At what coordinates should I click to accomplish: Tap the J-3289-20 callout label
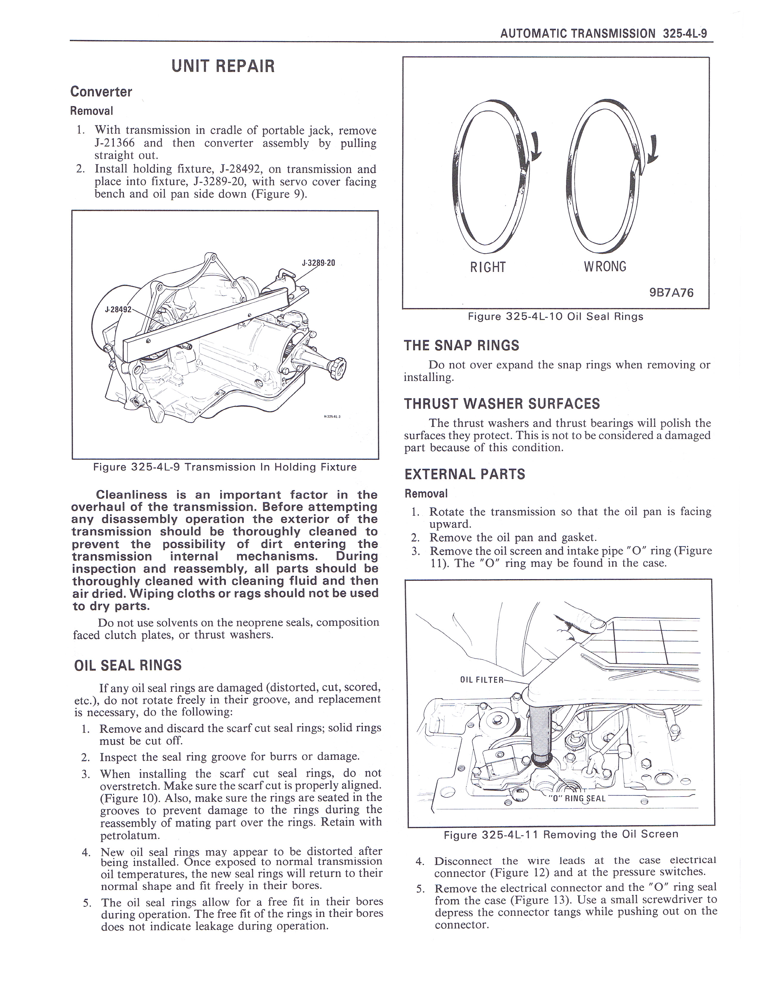tap(318, 263)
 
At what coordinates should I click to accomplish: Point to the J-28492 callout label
tap(118, 310)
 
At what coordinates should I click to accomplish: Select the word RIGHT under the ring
tap(488, 267)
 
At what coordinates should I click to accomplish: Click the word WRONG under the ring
tap(605, 267)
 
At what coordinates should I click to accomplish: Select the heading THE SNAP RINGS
tap(461, 346)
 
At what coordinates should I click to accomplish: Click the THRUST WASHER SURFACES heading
tap(502, 404)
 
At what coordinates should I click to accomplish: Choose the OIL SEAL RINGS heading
tap(128, 665)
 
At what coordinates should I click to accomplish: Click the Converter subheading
tap(101, 92)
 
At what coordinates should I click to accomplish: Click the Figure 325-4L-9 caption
tap(225, 467)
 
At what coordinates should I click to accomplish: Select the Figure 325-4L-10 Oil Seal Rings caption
tap(555, 316)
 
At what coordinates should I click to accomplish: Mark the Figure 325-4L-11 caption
tap(561, 834)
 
